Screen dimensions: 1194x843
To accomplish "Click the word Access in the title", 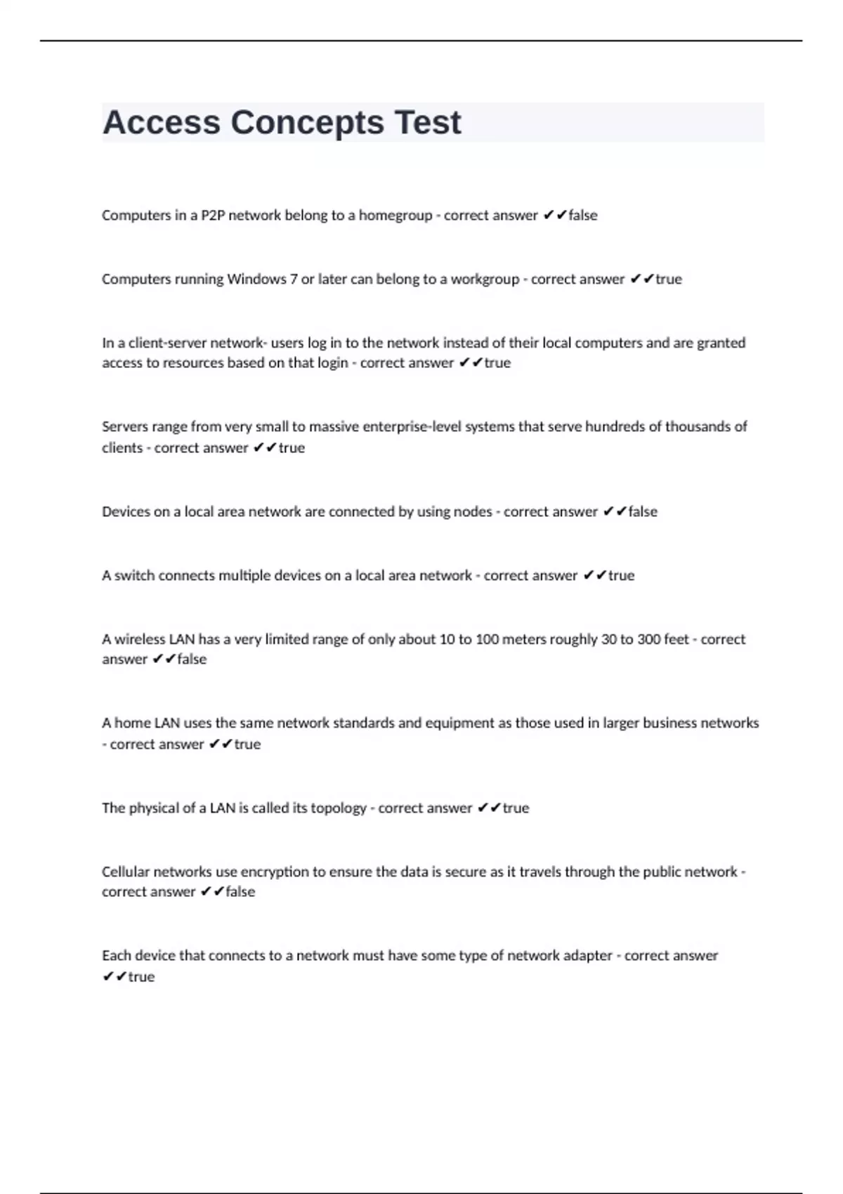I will coord(161,123).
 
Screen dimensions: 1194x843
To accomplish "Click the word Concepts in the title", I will coord(307,123).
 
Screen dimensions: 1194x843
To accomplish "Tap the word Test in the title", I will coord(427,123).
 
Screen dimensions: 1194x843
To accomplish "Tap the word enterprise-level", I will coord(414,427).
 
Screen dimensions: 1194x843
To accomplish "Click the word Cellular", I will coord(126,872).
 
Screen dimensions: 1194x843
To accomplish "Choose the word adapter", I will coord(587,956).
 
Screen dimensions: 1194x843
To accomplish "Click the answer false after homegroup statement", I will coord(582,216).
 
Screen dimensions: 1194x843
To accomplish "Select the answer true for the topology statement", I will coord(516,808).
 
